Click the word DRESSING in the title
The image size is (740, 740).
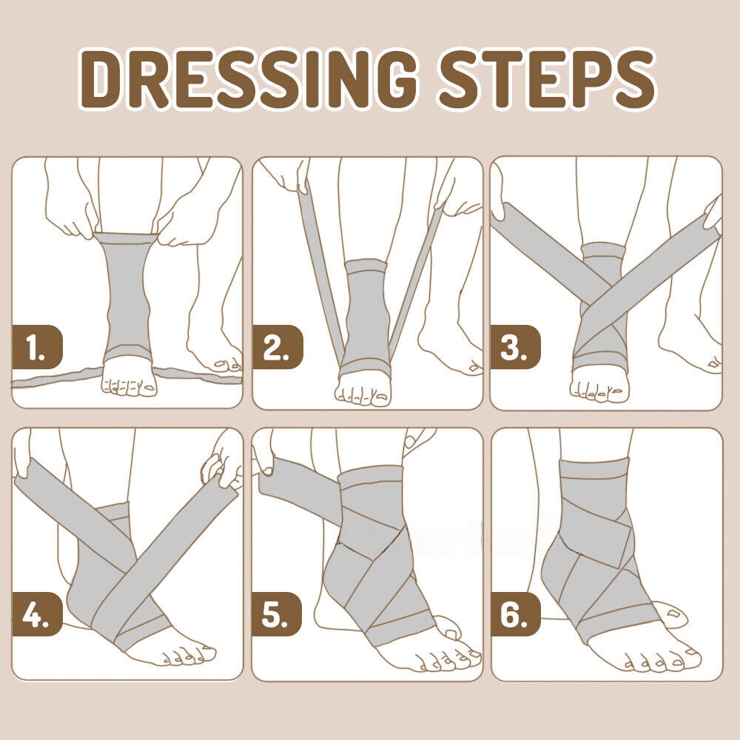tap(249, 79)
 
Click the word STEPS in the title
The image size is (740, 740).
tap(547, 79)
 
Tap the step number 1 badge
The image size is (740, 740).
tap(37, 347)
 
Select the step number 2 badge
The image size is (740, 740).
tap(277, 347)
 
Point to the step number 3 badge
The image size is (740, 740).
tap(515, 348)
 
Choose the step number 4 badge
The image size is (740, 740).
tap(37, 614)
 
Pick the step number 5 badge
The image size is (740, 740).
tap(277, 614)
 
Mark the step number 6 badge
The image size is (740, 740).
tap(515, 614)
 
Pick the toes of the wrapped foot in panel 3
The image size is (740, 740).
tap(599, 389)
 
